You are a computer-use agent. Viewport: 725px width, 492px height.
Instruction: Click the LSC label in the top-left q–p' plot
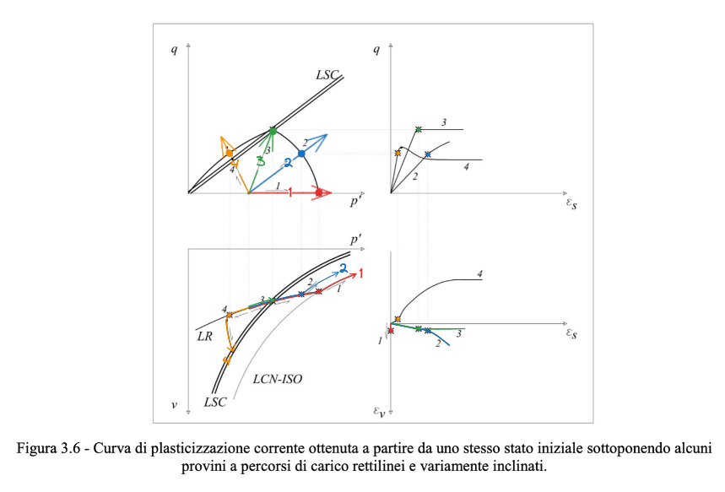[x=327, y=75]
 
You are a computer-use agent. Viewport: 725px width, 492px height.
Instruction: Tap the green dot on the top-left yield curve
[x=273, y=131]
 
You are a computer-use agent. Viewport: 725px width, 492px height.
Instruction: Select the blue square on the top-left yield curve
[x=301, y=154]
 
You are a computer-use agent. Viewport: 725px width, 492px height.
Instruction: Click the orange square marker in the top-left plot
[x=230, y=153]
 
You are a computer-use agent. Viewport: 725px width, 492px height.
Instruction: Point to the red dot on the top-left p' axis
[x=318, y=193]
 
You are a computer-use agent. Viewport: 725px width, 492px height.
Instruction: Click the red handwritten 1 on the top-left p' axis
[x=289, y=193]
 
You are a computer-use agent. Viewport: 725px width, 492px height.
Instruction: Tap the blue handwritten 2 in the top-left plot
[x=288, y=161]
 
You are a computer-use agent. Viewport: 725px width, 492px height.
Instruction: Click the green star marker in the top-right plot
[x=418, y=129]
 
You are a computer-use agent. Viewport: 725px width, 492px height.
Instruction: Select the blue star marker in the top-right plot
[x=428, y=154]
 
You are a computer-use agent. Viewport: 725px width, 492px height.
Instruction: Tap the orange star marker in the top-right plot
[x=397, y=153]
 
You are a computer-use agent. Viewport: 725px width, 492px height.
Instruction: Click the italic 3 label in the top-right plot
[x=443, y=123]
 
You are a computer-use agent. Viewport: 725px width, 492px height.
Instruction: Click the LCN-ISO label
[x=277, y=380]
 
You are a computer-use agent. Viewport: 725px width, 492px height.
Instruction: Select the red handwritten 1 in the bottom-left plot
[x=361, y=274]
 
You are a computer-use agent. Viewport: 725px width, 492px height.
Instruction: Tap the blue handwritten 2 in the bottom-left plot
[x=344, y=267]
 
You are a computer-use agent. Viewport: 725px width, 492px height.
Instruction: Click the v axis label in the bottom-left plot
[x=174, y=405]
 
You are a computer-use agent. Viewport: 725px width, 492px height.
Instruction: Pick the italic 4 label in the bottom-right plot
[x=479, y=273]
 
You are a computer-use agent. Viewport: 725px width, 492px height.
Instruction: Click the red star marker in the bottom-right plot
[x=391, y=330]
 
